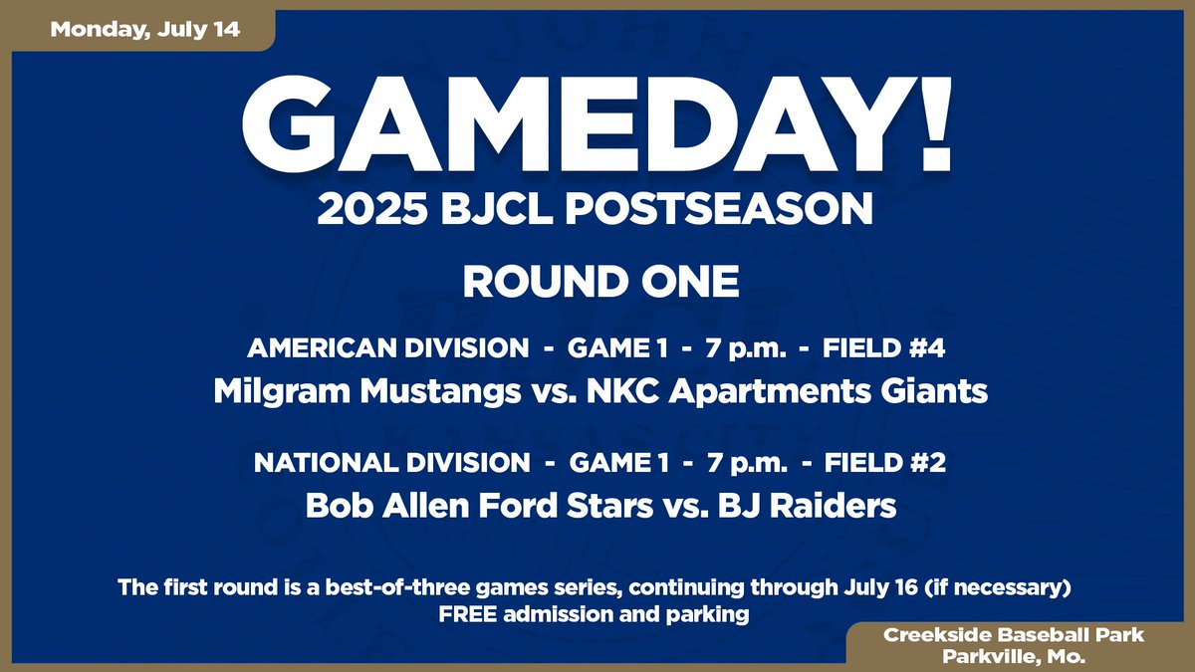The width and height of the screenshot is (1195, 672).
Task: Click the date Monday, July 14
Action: pyautogui.click(x=145, y=29)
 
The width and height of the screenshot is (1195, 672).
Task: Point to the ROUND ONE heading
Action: pyautogui.click(x=599, y=282)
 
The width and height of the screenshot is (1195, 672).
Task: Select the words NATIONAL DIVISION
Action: pyautogui.click(x=391, y=463)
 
